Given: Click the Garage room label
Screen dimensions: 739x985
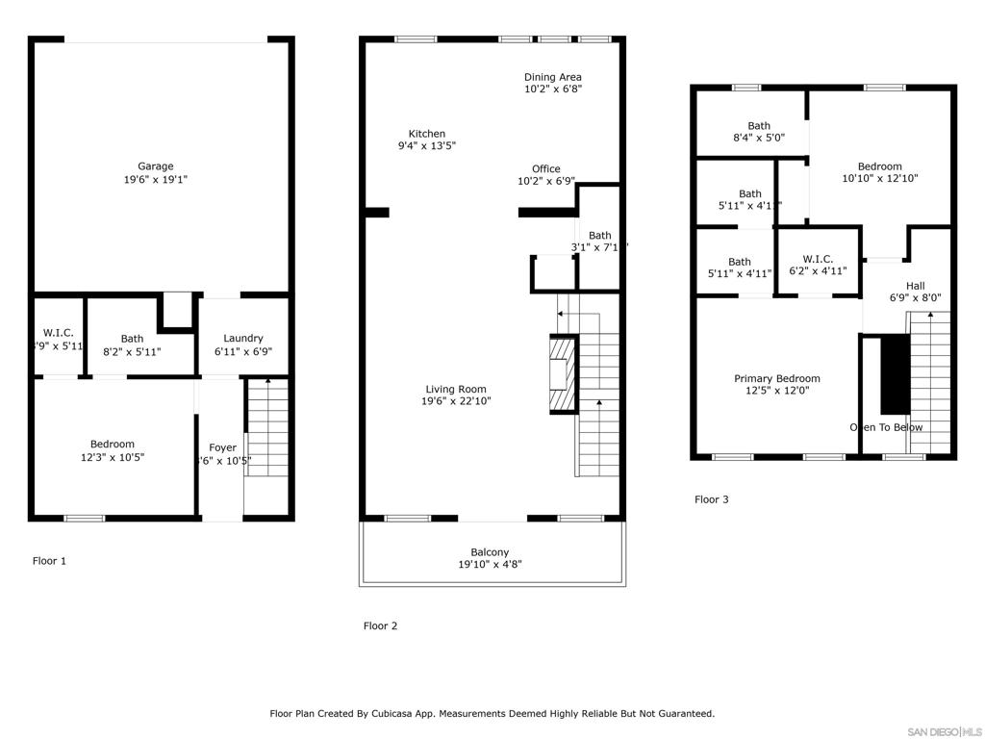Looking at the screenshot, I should pyautogui.click(x=155, y=166).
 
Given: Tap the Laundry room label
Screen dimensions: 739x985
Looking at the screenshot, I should pyautogui.click(x=243, y=338).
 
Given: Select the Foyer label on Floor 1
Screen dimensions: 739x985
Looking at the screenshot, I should pyautogui.click(x=223, y=447).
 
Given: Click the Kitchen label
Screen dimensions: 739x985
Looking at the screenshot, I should pyautogui.click(x=427, y=134).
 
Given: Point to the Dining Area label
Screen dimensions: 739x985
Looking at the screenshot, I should pyautogui.click(x=553, y=77).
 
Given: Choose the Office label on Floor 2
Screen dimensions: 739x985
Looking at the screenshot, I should pyautogui.click(x=546, y=168).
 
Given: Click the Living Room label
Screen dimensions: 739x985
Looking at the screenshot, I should pyautogui.click(x=457, y=389).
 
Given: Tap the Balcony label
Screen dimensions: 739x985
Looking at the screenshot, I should pyautogui.click(x=491, y=552).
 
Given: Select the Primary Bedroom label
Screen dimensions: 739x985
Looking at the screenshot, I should pyautogui.click(x=777, y=378).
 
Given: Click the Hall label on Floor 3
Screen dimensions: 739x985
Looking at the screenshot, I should pyautogui.click(x=916, y=286).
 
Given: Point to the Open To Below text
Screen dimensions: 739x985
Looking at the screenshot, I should pyautogui.click(x=886, y=427).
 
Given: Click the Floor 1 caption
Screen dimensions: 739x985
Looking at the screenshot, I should pyautogui.click(x=49, y=561).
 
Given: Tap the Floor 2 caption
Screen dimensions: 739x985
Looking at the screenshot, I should pyautogui.click(x=380, y=626).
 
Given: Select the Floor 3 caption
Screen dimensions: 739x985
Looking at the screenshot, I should pyautogui.click(x=712, y=499).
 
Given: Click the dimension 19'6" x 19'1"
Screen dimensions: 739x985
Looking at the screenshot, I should pyautogui.click(x=155, y=179).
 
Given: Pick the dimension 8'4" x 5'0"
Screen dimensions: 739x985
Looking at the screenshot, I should pyautogui.click(x=759, y=138).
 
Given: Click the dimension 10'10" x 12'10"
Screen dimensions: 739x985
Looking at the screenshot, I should pyautogui.click(x=880, y=178).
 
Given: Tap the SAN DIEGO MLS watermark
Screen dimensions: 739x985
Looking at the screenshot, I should pyautogui.click(x=945, y=731).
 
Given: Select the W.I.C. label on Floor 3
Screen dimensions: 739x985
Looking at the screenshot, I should pyautogui.click(x=818, y=259).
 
